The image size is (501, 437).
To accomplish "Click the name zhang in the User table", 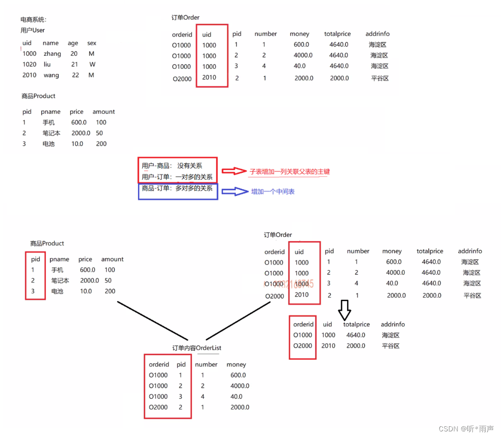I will pos(52,54).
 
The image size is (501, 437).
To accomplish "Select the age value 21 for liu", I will pos(75,65).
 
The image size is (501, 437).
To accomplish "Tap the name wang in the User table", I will pos(51,75).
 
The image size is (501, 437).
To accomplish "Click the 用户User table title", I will pos(33,30).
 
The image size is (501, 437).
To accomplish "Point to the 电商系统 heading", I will pos(34,20).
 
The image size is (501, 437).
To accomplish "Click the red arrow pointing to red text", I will pos(233,171).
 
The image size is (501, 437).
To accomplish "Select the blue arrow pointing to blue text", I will pos(233,191).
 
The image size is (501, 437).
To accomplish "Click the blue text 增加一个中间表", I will pos(273,192).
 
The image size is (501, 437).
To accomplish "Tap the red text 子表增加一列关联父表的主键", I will pos(290,171).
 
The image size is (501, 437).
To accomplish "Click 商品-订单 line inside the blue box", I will pos(177,188).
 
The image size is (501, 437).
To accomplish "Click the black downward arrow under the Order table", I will pos(345,309).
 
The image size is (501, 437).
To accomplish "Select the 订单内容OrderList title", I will pos(197,348).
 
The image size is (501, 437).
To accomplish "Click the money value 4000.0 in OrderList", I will pos(240,386).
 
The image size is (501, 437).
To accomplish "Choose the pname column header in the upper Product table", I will pos(51,112).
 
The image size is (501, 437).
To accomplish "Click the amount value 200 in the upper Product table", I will pos(101,144).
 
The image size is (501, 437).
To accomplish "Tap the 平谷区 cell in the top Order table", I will pos(380,79).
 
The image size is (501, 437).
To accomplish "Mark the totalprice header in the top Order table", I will pos(337,34).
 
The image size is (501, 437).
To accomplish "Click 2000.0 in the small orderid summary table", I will pos(356,346).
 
